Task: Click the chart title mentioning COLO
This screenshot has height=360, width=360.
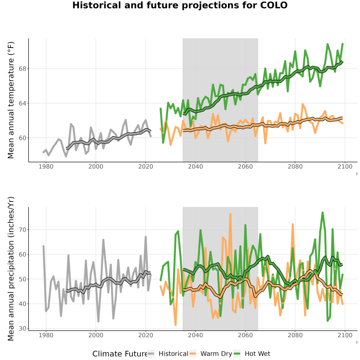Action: pos(180,5)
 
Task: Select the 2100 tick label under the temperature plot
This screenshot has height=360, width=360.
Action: pos(345,166)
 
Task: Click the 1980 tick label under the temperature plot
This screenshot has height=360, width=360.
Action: pos(46,166)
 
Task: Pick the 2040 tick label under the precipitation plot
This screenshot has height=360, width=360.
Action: pos(195,335)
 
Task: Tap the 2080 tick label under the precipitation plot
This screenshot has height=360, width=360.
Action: pos(295,335)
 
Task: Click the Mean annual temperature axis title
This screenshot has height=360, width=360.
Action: pos(11,100)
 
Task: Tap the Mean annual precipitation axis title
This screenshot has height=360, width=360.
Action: pos(11,269)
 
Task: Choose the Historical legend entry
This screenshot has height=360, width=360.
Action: pos(168,354)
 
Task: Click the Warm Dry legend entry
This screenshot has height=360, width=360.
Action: pos(210,354)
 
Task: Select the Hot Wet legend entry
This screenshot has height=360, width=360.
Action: pos(252,354)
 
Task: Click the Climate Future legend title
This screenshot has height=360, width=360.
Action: pos(120,354)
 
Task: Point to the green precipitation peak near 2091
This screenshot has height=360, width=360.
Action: pos(322,213)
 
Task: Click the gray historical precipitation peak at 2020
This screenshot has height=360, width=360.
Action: pos(146,237)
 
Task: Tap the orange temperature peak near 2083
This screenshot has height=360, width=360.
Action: pos(303,104)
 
